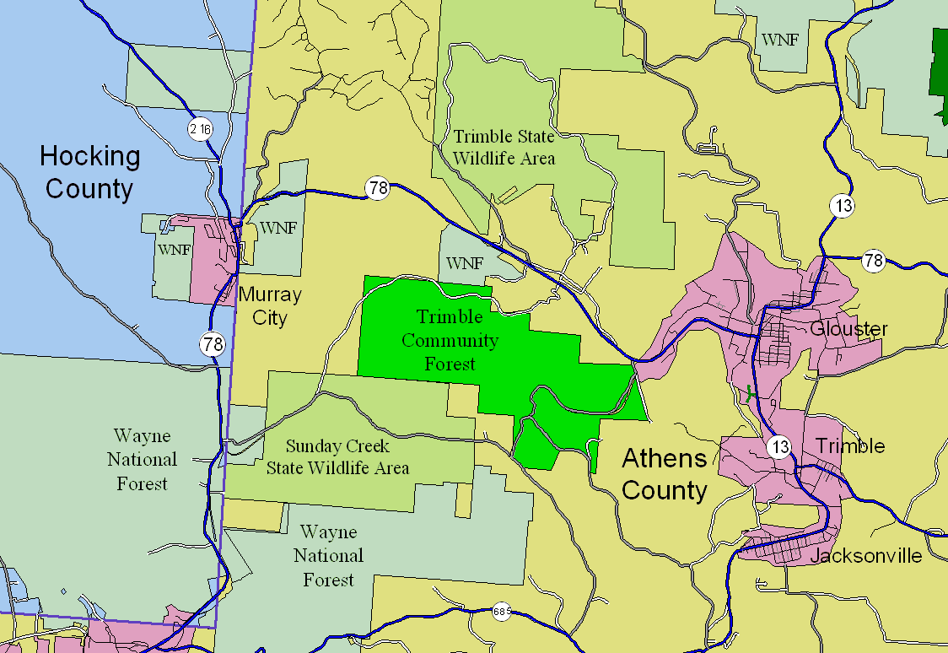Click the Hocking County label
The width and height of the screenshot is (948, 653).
coord(89,172)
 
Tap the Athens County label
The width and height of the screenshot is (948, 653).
coord(665,474)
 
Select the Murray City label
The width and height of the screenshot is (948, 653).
coord(269,306)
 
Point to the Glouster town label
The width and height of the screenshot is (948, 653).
coord(848,328)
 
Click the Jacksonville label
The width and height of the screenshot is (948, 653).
coord(865,557)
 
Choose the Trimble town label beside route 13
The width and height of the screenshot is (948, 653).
coord(850,445)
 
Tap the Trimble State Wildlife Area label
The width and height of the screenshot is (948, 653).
coord(504,146)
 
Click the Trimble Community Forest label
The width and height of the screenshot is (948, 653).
coord(450,340)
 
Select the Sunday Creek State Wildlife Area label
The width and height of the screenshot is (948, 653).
coord(337,456)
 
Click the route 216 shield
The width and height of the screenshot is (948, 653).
coord(201,129)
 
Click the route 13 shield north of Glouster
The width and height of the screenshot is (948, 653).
coord(842,205)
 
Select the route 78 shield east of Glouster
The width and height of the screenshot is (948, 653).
coord(873,261)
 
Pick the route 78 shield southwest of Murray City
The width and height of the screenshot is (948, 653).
coord(213,344)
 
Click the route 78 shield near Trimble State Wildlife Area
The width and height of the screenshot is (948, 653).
coord(378,188)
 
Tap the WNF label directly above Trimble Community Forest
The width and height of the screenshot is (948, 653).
coord(465,263)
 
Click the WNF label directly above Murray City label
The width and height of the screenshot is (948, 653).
coord(277,228)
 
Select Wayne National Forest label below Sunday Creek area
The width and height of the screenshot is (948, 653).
coord(328,556)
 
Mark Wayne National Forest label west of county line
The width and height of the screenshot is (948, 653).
coord(142,460)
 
